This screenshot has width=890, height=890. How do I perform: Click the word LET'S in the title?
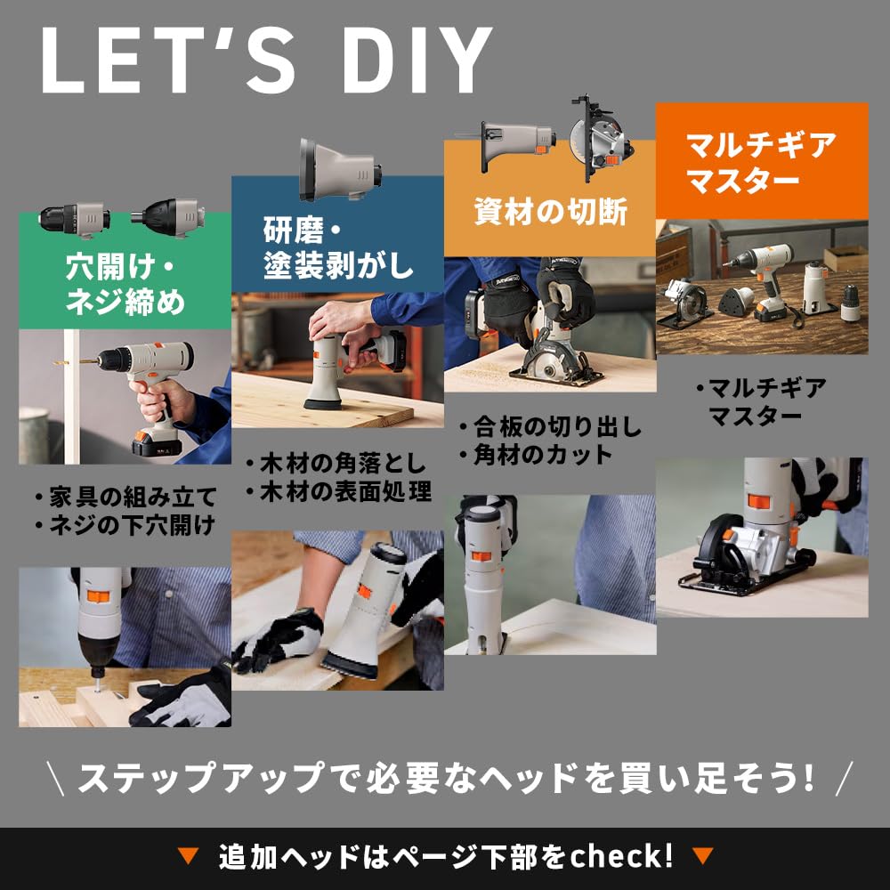click(168, 60)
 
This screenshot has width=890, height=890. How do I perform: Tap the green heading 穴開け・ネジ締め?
click(125, 284)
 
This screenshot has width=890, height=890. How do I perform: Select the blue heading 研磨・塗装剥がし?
click(337, 247)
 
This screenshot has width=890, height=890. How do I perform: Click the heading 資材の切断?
click(550, 212)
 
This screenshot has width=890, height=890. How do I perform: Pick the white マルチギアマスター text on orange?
click(761, 162)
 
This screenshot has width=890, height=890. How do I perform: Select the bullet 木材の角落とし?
click(336, 463)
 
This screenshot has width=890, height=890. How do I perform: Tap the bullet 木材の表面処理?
click(339, 491)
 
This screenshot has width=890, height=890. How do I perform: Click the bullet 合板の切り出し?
click(550, 427)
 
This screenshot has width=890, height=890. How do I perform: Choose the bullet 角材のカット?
click(535, 454)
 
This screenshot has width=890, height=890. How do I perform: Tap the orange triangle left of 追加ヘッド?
click(187, 856)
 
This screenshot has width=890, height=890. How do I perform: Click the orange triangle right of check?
click(702, 856)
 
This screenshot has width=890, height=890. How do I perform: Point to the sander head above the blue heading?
click(340, 170)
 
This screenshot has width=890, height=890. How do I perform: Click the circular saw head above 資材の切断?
click(602, 139)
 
